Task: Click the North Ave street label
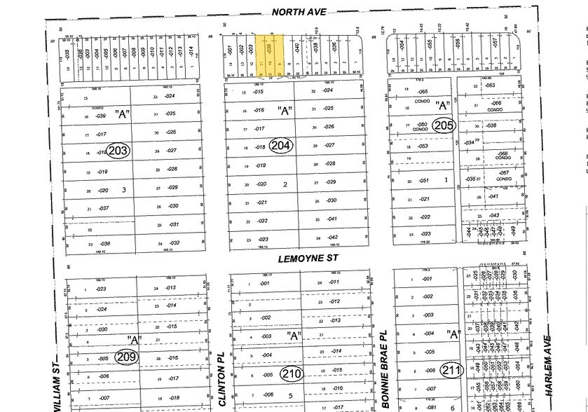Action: pos(298,11)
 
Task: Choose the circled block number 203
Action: pos(119,150)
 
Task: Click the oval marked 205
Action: pos(444,126)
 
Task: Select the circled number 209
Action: pos(126,357)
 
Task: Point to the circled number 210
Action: pos(292,373)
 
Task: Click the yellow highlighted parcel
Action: pos(268,55)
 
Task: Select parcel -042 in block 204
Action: pos(332,238)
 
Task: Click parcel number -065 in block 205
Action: pos(422,92)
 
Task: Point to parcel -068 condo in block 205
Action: pos(502,154)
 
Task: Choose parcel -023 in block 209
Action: pos(101,289)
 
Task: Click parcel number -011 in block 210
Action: pos(334,282)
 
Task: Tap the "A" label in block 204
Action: pos(285,111)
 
